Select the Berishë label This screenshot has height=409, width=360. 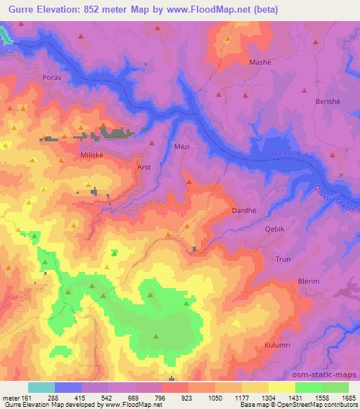[323, 101]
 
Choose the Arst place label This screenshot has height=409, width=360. [143, 168]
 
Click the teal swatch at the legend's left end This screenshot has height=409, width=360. [41, 387]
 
